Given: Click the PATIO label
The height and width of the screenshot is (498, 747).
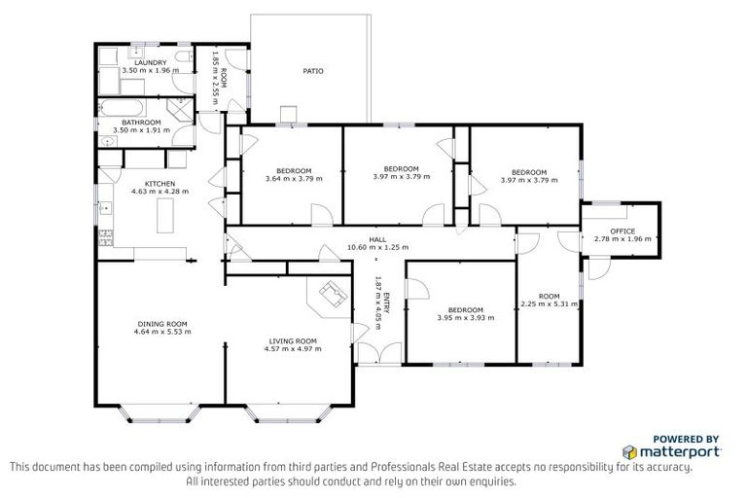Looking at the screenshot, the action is (313, 71).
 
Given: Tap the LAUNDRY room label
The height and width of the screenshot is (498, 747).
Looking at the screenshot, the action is (151, 63).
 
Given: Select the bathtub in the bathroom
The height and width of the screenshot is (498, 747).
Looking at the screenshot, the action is (123, 108).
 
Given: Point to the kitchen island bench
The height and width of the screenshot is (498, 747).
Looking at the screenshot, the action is (165, 215).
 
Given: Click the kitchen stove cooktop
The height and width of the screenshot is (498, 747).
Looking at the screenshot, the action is (105, 237).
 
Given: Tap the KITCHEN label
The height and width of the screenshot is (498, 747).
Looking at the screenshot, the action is (160, 184).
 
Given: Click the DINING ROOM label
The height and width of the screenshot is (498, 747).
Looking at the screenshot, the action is (162, 324).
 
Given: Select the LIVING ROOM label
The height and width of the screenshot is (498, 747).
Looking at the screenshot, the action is (293, 341).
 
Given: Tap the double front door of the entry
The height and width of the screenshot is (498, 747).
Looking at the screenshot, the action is (380, 354).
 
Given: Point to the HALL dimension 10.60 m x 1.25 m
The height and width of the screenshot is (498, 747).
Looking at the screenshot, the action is (377, 247).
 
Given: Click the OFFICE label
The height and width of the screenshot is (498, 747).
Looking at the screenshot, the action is (622, 231).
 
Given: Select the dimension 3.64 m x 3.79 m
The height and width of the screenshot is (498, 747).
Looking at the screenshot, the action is (294, 179).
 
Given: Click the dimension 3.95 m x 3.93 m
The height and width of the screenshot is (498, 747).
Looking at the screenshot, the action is (466, 317).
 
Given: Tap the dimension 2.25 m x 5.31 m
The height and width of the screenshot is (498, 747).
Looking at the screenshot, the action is (550, 303).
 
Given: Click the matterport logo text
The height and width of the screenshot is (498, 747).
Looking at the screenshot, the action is (679, 451).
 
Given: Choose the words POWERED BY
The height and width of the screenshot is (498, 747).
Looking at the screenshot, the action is (686, 439).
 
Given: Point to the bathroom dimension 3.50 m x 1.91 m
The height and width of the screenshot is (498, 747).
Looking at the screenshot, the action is (141, 129).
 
